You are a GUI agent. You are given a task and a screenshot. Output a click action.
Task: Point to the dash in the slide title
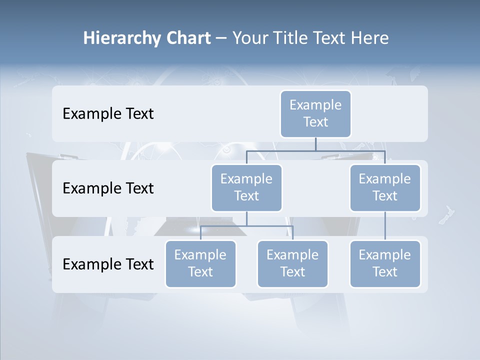click(x=221, y=38)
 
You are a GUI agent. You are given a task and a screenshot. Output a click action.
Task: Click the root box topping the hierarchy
click(x=315, y=113)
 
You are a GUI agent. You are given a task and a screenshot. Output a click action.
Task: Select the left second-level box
click(x=246, y=187)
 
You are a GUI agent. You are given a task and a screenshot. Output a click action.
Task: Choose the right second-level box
click(x=385, y=187)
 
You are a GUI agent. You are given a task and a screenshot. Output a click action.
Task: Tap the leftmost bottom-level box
click(x=200, y=263)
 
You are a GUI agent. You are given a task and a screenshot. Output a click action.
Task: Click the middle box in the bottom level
click(x=292, y=263)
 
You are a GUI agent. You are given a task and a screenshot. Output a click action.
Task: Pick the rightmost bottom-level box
click(x=385, y=263)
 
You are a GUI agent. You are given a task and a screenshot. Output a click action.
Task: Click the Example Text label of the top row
click(x=108, y=114)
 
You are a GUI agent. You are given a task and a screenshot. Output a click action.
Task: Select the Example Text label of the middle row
click(x=108, y=188)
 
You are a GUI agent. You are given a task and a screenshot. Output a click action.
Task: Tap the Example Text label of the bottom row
click(x=108, y=264)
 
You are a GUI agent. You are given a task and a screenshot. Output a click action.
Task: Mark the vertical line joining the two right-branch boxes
click(x=385, y=226)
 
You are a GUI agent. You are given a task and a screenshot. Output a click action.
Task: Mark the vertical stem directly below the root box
click(x=315, y=144)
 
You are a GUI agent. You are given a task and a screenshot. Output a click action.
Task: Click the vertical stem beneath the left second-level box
click(x=246, y=218)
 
